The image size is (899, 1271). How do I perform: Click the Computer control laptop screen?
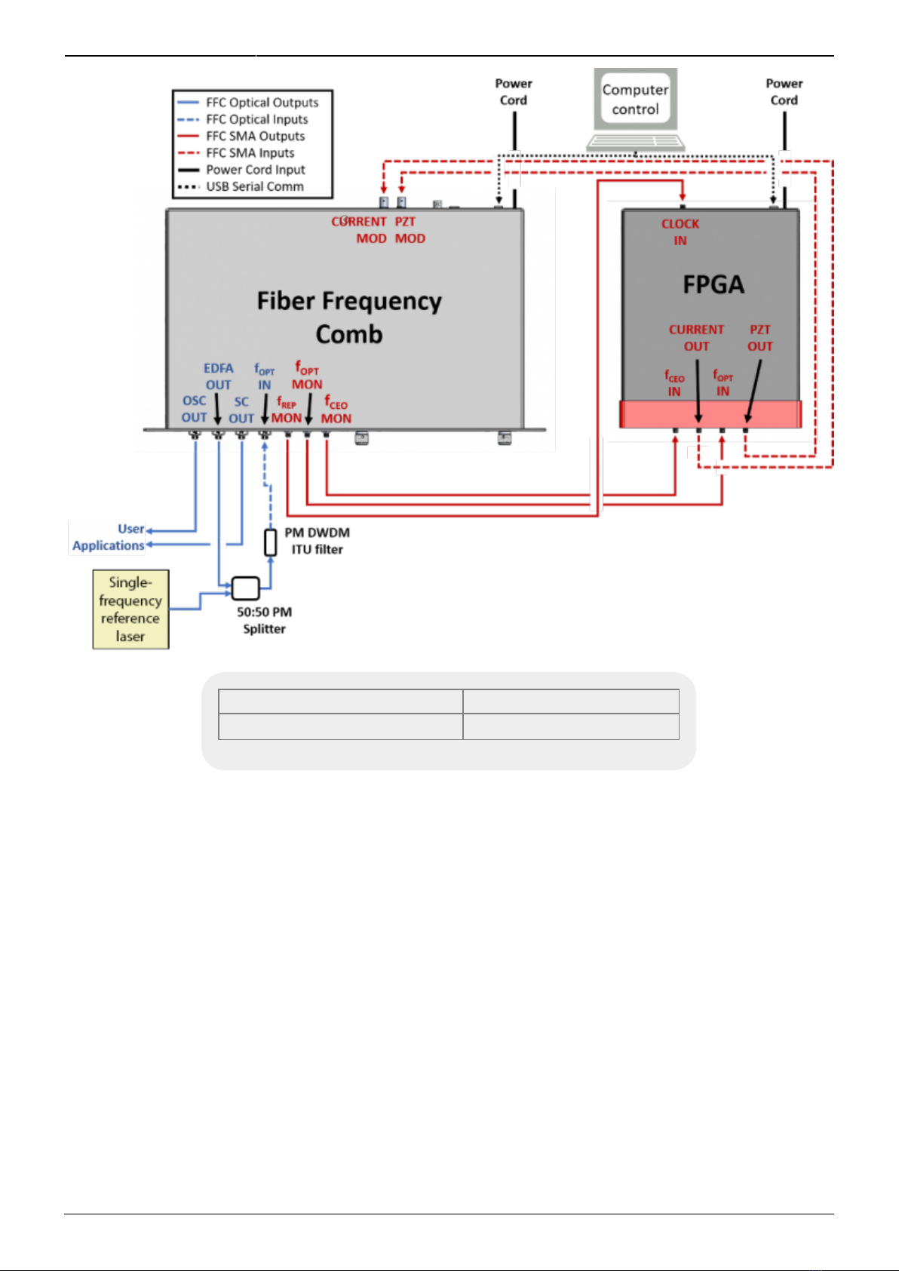635,100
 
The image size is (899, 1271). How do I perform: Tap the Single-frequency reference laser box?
131,609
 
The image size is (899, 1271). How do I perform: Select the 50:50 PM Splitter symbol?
246,588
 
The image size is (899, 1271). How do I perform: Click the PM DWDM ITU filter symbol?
271,542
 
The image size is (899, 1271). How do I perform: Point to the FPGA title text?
713,284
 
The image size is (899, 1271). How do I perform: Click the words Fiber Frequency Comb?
349,317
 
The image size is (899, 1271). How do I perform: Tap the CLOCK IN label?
680,232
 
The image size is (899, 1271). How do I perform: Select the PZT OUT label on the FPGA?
760,338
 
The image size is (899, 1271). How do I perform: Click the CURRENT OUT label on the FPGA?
697,338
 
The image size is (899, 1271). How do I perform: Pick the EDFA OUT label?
219,376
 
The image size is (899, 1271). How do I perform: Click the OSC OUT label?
194,409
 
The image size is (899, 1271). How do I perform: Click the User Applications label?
109,537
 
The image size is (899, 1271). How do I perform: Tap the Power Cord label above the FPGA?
784,92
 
